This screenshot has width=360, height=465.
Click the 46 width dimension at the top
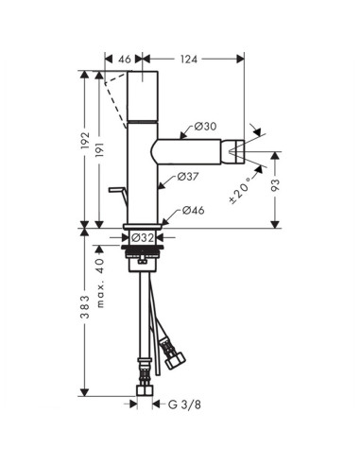pos(125,59)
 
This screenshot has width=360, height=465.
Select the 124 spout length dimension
pos(187,59)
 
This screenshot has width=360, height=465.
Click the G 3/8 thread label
pos(186,405)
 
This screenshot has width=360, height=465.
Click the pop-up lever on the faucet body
pos(118,194)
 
